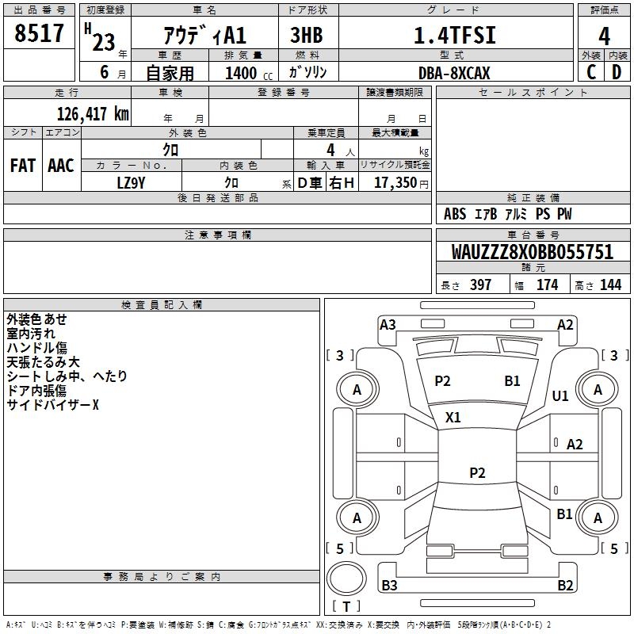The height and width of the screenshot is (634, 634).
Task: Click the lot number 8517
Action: pos(39,32)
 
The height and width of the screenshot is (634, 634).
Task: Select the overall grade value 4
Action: pos(604,36)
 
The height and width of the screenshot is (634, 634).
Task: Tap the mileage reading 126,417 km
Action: pos(93,114)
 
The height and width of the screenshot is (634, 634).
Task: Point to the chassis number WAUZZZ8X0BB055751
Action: pos(533,251)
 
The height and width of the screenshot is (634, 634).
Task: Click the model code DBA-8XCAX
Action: pos(454,73)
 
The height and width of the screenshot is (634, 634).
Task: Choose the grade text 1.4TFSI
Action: pos(455,35)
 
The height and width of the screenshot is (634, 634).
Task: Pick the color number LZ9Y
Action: pos(131,183)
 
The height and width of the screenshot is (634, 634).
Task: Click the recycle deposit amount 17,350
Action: pos(395,182)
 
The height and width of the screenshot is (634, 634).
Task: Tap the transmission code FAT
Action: pos(23,166)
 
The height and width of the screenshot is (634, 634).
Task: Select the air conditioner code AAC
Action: pos(61,166)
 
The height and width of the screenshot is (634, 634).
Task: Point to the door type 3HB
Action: pos(307,35)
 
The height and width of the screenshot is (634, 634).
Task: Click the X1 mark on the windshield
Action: pos(453,417)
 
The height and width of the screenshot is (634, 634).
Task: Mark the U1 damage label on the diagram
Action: pos(560,395)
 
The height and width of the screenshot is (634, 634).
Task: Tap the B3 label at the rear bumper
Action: pos(389,585)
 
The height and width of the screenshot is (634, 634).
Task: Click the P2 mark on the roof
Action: pos(477,472)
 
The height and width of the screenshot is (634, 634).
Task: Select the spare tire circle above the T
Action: pos(346,579)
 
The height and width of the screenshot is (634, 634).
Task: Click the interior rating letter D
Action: pos(617,72)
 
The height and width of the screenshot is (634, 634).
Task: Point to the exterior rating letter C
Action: pos(591,72)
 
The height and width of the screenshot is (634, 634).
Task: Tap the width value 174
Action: pos(547,285)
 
